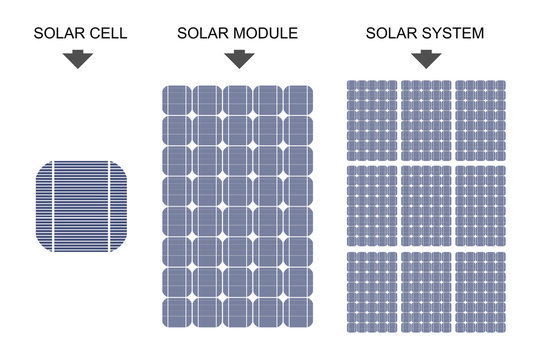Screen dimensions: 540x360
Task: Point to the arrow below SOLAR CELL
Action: point(78,58)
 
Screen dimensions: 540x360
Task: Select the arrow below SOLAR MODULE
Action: point(238,58)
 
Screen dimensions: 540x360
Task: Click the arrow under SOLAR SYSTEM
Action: point(425,58)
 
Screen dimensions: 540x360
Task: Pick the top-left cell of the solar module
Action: point(177,100)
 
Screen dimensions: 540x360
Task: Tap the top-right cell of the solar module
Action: point(298,100)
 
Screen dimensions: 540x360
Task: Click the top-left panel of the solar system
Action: point(371,120)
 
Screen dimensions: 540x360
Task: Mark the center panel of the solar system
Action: point(425,205)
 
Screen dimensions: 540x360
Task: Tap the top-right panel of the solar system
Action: point(480,120)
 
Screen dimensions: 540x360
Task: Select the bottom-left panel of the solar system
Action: point(371,291)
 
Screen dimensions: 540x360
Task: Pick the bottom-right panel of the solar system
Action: point(480,291)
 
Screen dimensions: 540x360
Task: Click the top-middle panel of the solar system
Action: point(425,120)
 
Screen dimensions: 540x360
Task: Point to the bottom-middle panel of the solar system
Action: point(425,291)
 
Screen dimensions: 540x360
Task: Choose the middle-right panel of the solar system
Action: point(480,205)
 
